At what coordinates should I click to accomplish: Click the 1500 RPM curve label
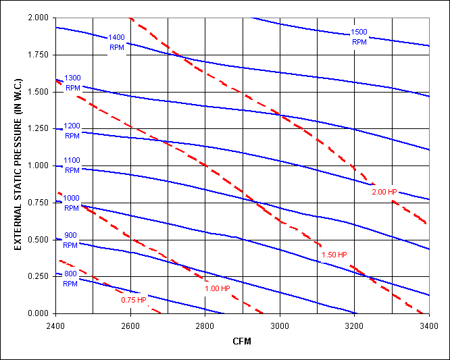pyautogui.click(x=359, y=36)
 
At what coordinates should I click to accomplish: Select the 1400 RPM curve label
pyautogui.click(x=116, y=42)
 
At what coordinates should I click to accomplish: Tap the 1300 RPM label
pyautogui.click(x=72, y=82)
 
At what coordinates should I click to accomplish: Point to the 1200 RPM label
pyautogui.click(x=72, y=131)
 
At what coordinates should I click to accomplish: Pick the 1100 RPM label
pyautogui.click(x=72, y=166)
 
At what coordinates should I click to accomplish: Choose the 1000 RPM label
pyautogui.click(x=72, y=203)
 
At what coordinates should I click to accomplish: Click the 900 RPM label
pyautogui.click(x=72, y=239)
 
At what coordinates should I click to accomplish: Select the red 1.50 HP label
pyautogui.click(x=334, y=255)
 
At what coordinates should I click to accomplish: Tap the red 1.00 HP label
pyautogui.click(x=218, y=289)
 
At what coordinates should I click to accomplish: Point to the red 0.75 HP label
pyautogui.click(x=134, y=300)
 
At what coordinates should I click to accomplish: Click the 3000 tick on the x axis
pyautogui.click(x=280, y=325)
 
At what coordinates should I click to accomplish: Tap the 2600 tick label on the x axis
pyautogui.click(x=130, y=325)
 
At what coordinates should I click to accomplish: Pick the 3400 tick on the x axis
pyautogui.click(x=428, y=325)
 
